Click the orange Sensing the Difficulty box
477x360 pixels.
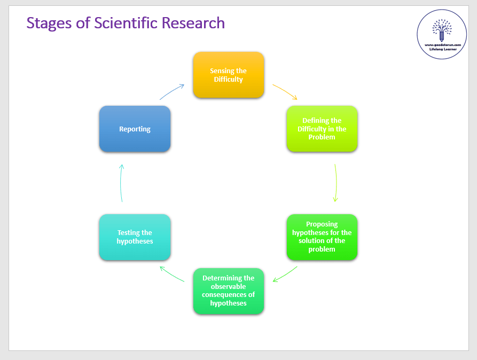point(228,75)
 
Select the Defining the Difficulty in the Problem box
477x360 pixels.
point(322,129)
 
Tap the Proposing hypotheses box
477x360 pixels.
point(322,237)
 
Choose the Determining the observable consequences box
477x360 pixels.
point(228,291)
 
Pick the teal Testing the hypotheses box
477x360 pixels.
point(135,237)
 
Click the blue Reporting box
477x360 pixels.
point(135,129)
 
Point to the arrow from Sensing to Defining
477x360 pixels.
point(285,91)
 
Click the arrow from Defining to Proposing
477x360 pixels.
point(336,183)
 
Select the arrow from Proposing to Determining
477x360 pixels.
point(285,275)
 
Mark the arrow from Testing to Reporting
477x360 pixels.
point(121,183)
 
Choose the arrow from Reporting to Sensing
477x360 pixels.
point(171,91)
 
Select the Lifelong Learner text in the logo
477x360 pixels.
point(442,49)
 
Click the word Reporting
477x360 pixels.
point(135,129)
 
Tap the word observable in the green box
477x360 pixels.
point(228,287)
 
